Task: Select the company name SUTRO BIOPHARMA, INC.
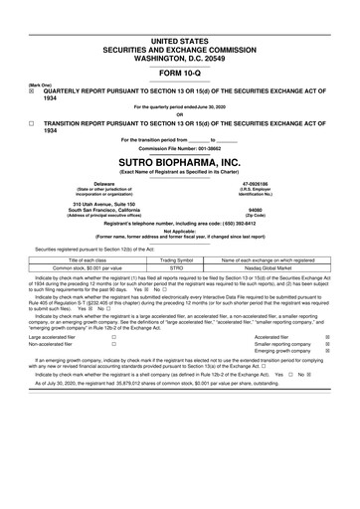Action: click(180, 161)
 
